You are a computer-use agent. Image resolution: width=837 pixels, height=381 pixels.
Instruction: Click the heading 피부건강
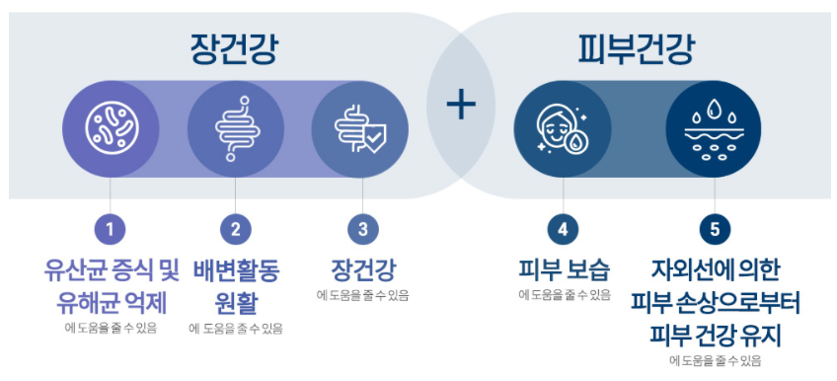(636, 46)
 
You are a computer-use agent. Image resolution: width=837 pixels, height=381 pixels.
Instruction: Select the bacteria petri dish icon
(110, 129)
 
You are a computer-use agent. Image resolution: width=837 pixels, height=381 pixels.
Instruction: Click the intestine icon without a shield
(235, 129)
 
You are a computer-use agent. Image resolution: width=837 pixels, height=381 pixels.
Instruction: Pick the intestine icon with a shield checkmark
(361, 129)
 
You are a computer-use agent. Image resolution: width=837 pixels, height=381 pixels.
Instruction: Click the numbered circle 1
(110, 230)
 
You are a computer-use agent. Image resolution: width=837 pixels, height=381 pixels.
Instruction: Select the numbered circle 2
(235, 230)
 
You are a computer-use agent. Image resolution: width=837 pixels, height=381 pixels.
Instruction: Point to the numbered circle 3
(362, 230)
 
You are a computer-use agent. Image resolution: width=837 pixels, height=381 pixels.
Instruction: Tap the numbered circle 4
(563, 230)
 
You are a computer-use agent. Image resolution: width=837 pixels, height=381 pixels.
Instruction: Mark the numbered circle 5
(715, 230)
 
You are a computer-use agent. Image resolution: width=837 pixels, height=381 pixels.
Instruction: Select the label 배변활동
(235, 268)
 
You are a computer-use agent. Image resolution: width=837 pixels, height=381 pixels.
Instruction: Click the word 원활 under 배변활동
(235, 300)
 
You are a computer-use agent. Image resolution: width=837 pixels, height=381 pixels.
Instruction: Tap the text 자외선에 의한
(715, 268)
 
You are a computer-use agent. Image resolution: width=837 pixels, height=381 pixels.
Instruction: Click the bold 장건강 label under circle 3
(362, 268)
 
